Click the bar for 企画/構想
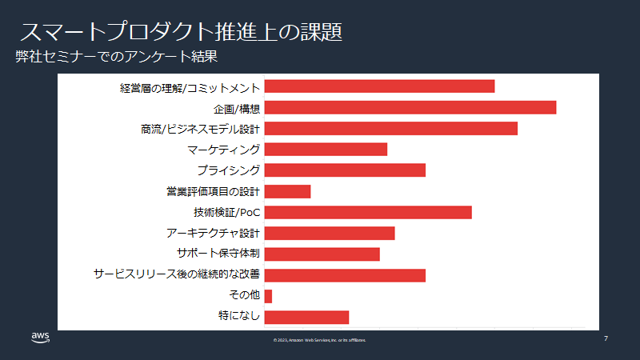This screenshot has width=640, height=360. [410, 107]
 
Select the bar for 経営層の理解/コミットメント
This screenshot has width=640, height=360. [379, 86]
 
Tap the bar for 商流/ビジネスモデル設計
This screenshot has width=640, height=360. [390, 128]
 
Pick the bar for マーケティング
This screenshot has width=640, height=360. [326, 149]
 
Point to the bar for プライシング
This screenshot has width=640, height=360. [345, 170]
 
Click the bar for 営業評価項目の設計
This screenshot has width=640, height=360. [287, 191]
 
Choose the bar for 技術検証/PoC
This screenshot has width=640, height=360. [368, 212]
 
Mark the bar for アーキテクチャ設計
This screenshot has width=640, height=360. [330, 233]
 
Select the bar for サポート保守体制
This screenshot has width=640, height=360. [322, 254]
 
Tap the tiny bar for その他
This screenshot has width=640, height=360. [268, 296]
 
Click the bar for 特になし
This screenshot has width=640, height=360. [306, 317]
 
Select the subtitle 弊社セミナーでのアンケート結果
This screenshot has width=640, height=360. [117, 58]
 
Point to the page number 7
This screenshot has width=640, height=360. [606, 338]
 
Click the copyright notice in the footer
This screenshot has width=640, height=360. [320, 340]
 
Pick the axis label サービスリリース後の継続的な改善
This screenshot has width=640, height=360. [177, 274]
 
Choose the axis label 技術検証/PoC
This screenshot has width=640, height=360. [227, 212]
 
